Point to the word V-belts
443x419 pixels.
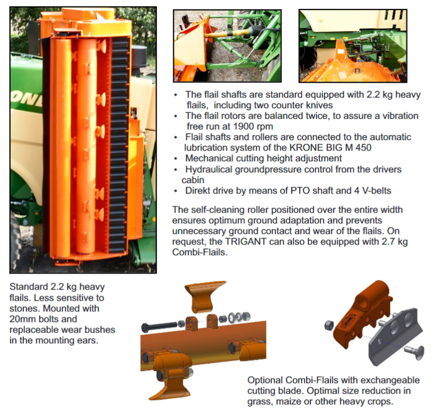pos(377,191)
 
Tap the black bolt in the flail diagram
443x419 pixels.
pos(159,327)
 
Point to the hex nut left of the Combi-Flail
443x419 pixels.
pos(329,325)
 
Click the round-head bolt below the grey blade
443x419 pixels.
pos(414,352)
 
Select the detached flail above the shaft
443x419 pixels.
pos(205,296)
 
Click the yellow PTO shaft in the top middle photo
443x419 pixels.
pos(229,33)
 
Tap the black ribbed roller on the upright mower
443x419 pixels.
pos(119,144)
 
